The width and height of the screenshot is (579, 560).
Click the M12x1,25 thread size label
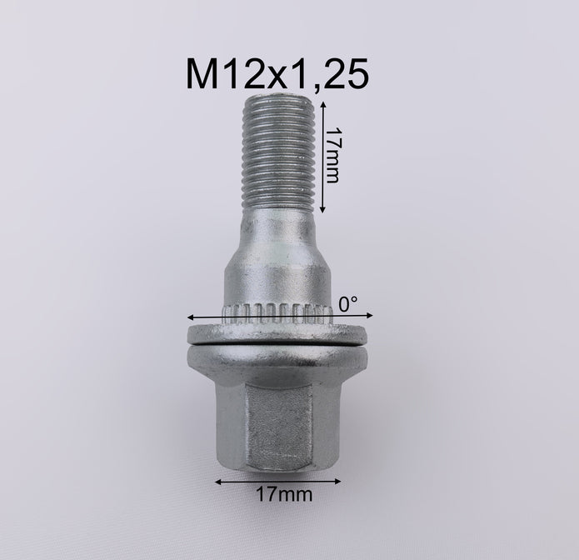tap(277, 75)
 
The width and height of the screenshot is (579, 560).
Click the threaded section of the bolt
tap(277, 150)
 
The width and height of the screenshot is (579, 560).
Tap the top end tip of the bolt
tap(277, 99)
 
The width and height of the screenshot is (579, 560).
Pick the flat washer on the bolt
tap(277, 334)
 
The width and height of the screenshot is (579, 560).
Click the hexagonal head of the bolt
tap(277, 417)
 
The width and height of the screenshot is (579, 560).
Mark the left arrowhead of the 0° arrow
tap(191, 317)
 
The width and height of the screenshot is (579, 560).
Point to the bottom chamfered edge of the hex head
tap(277, 468)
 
